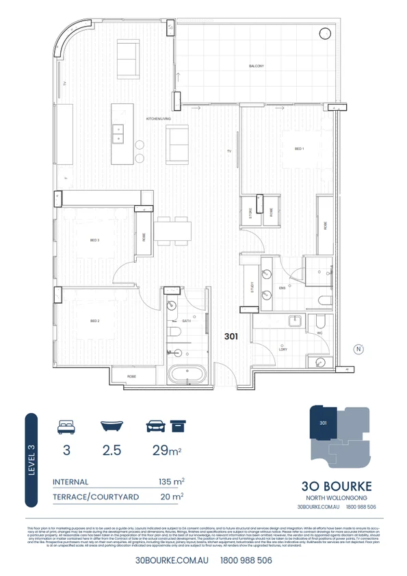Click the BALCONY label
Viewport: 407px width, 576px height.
point(257,66)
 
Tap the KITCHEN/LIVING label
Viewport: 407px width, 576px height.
point(158,119)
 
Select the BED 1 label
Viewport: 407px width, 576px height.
point(299,148)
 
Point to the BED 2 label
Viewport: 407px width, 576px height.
point(95,320)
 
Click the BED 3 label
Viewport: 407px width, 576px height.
point(95,240)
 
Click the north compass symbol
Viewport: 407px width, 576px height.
point(358,349)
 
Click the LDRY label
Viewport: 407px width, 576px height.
point(283,350)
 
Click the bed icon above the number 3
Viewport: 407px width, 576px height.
point(66,427)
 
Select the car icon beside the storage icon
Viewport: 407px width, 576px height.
point(155,427)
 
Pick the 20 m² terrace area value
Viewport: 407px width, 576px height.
point(172,497)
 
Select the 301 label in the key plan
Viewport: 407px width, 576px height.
point(323,423)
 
